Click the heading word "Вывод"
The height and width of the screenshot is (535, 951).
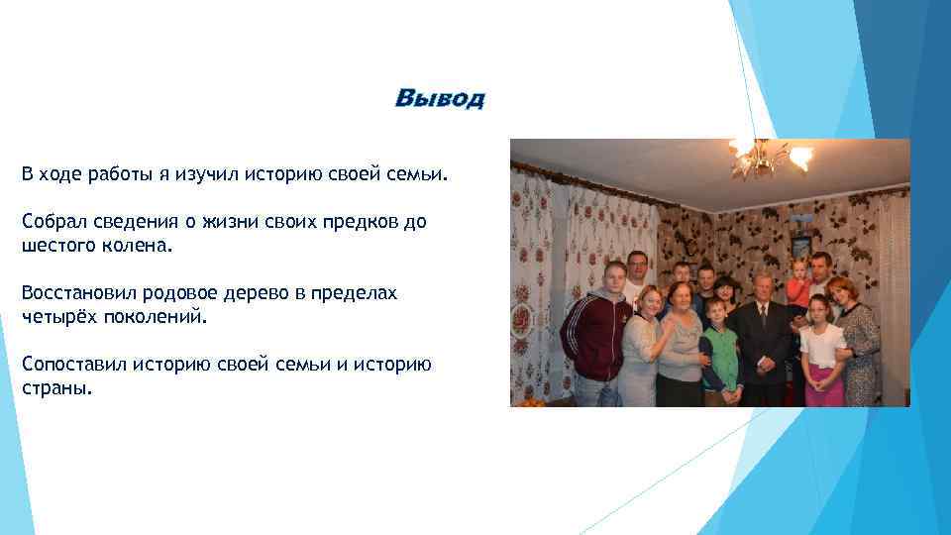click(x=440, y=98)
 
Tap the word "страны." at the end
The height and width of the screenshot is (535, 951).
click(x=55, y=387)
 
